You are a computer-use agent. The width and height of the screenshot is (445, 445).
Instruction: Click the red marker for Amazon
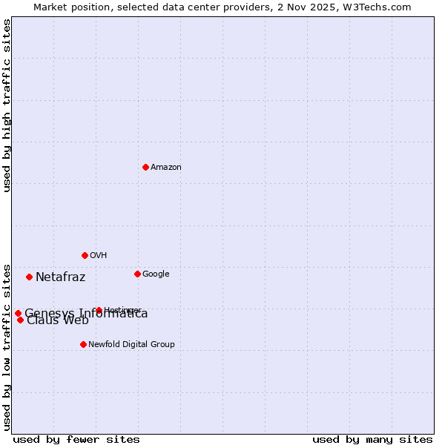pyautogui.click(x=145, y=167)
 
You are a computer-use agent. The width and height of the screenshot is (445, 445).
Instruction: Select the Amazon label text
pyautogui.click(x=166, y=168)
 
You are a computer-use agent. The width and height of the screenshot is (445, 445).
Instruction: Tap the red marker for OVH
pyautogui.click(x=85, y=255)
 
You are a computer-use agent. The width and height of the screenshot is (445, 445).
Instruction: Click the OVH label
pyautogui.click(x=99, y=256)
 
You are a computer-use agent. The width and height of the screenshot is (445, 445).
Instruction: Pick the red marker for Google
pyautogui.click(x=137, y=274)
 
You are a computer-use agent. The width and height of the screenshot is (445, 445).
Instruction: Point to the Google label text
pyautogui.click(x=156, y=274)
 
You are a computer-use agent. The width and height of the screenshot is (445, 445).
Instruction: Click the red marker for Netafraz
pyautogui.click(x=29, y=277)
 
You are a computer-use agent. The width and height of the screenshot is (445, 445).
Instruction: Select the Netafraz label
pyautogui.click(x=61, y=277)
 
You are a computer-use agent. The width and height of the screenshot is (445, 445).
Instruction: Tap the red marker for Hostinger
pyautogui.click(x=99, y=310)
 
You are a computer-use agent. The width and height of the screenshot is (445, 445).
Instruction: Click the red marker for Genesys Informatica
pyautogui.click(x=18, y=313)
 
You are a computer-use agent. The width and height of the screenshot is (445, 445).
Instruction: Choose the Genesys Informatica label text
pyautogui.click(x=86, y=314)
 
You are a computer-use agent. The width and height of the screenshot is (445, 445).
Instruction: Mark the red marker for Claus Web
pyautogui.click(x=20, y=320)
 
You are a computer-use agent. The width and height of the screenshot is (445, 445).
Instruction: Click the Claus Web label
pyautogui.click(x=58, y=320)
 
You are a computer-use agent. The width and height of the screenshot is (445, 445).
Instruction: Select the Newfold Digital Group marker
pyautogui.click(x=83, y=344)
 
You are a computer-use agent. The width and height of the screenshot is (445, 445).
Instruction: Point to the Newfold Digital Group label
pyautogui.click(x=132, y=345)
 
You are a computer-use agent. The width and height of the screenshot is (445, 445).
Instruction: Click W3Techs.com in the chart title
pyautogui.click(x=381, y=7)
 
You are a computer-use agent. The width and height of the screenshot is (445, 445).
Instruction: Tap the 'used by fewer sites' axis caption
pyautogui.click(x=76, y=440)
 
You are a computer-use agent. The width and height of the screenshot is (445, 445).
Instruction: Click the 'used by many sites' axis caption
pyautogui.click(x=372, y=440)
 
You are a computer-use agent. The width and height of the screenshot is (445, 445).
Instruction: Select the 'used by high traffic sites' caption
pyautogui.click(x=7, y=105)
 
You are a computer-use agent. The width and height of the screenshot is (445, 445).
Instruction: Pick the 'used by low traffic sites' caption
pyautogui.click(x=7, y=346)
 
